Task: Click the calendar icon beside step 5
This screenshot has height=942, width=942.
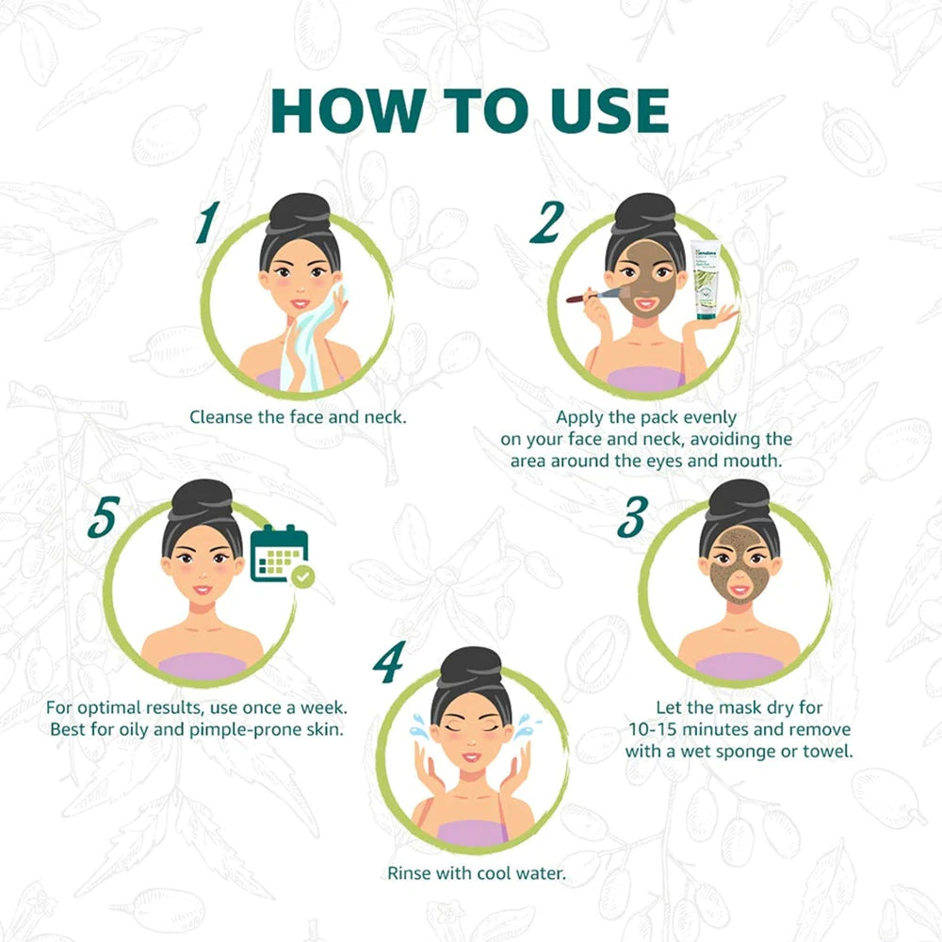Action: [279, 553]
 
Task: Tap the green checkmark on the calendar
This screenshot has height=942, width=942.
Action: [302, 577]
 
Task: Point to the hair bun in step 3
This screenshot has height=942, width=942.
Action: [739, 497]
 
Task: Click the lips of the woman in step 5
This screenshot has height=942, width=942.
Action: [202, 591]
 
